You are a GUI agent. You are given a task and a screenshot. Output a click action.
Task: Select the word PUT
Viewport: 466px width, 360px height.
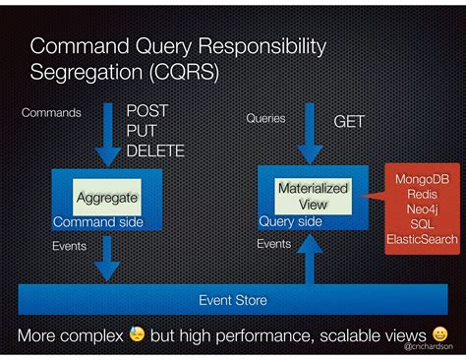click(142, 131)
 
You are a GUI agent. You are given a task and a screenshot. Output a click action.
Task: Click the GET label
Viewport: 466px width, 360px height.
click(349, 122)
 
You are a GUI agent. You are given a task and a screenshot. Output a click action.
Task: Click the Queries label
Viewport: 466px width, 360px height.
click(265, 118)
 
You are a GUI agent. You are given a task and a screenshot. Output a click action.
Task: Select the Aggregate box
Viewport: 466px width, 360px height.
click(107, 197)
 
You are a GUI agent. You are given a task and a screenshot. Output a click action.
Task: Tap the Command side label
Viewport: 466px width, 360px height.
click(98, 222)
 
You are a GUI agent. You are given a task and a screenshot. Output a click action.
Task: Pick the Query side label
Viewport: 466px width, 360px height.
click(290, 221)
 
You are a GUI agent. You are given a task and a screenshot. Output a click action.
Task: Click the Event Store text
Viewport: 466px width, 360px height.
click(232, 299)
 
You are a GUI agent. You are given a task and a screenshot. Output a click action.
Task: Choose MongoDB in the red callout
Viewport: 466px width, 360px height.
click(422, 180)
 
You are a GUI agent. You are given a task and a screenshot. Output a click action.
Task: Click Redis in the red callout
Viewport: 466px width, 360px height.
click(422, 195)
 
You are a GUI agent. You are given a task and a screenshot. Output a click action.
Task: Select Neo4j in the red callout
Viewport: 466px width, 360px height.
click(422, 210)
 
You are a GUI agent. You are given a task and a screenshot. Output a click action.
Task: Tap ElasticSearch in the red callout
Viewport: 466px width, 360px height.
click(422, 238)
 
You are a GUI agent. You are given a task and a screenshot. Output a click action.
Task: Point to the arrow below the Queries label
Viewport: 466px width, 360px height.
click(310, 139)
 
